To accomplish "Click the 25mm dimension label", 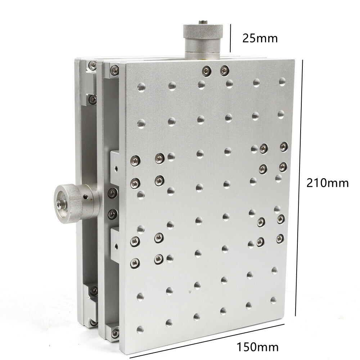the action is [x=260, y=38].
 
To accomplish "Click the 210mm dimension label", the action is [x=327, y=183].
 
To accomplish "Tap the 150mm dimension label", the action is [x=257, y=347].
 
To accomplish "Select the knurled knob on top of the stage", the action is [x=203, y=40].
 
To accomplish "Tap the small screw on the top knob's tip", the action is [x=203, y=22].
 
